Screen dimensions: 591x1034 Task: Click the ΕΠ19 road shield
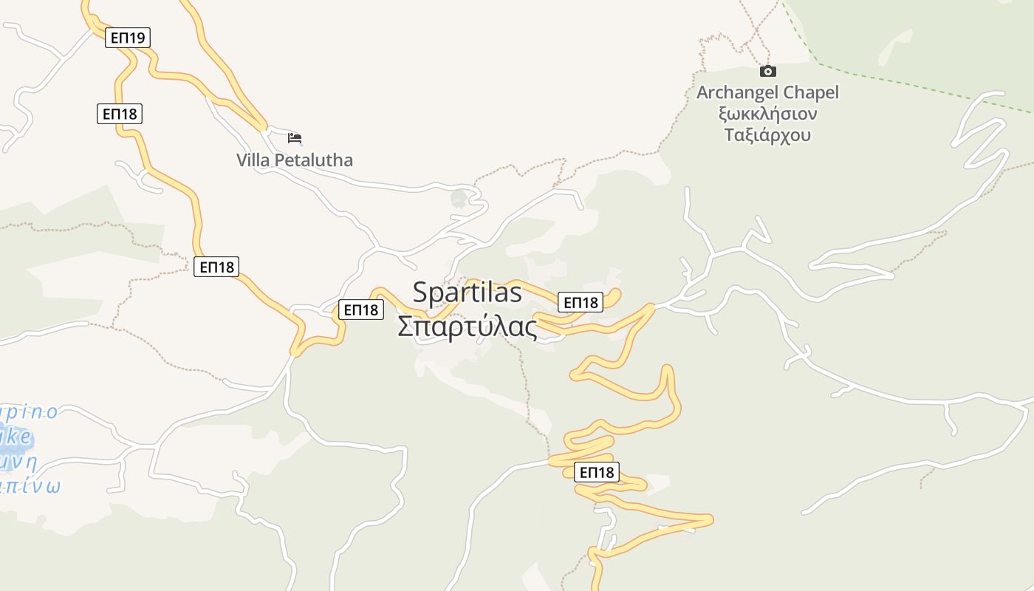click(x=128, y=38)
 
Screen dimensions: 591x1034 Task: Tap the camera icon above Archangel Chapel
click(x=768, y=72)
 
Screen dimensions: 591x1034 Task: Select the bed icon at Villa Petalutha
click(x=295, y=138)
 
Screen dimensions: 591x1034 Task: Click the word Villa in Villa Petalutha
click(x=253, y=160)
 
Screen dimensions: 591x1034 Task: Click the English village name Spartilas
click(x=467, y=292)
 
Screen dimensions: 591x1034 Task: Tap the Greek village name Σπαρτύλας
click(x=468, y=327)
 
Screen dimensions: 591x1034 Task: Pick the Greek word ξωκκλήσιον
click(x=768, y=115)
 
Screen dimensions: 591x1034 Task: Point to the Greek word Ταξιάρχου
click(x=768, y=135)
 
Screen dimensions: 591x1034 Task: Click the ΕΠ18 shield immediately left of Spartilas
click(x=361, y=310)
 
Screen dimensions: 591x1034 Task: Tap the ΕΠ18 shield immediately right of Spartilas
click(x=581, y=301)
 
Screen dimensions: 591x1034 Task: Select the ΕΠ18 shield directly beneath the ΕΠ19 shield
click(x=119, y=114)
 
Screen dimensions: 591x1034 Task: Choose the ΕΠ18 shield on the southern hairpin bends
click(x=597, y=472)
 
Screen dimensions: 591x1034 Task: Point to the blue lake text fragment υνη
click(x=18, y=462)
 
